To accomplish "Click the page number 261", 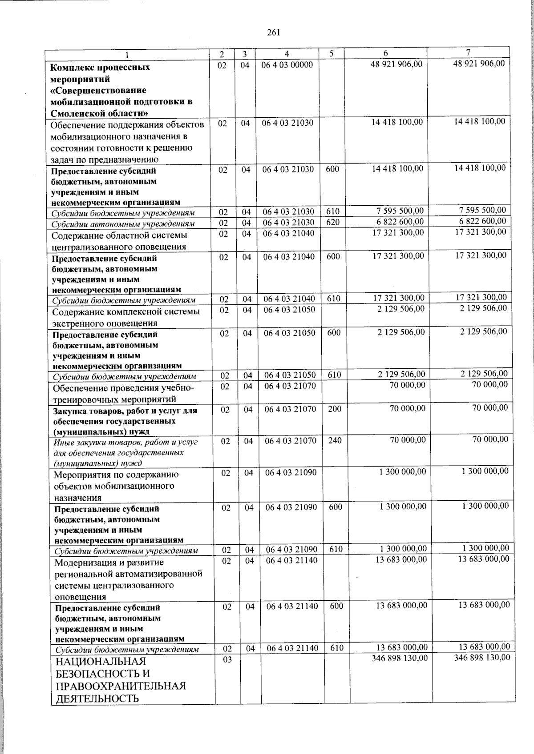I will pyautogui.click(x=273, y=32).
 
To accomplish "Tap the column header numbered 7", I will pyautogui.click(x=468, y=53).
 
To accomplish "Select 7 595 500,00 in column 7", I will pyautogui.click(x=482, y=210).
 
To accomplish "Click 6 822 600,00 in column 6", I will pyautogui.click(x=399, y=222).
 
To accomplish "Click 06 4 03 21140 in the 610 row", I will pyautogui.click(x=292, y=648).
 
